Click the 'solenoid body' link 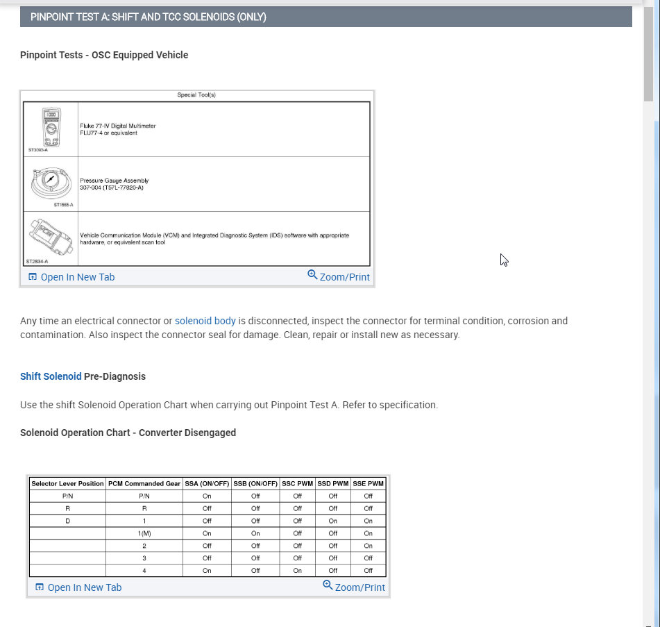(x=205, y=321)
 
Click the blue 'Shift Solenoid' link (x=51, y=376)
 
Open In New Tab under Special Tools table (x=71, y=277)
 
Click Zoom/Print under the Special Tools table (x=339, y=276)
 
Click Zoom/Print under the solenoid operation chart (x=354, y=587)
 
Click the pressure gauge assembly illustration (x=51, y=183)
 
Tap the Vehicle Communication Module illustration (x=51, y=237)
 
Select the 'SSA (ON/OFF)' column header (x=207, y=483)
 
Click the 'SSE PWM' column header (x=368, y=483)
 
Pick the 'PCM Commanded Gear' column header (x=144, y=483)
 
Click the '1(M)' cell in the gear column (x=144, y=533)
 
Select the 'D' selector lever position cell (x=67, y=521)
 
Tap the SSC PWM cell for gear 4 (x=297, y=571)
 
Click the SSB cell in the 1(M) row (x=255, y=533)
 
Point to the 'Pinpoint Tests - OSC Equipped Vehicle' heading (x=104, y=55)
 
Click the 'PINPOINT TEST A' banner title (x=149, y=17)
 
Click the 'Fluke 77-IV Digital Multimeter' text (x=118, y=126)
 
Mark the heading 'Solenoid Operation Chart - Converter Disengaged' (x=128, y=433)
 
